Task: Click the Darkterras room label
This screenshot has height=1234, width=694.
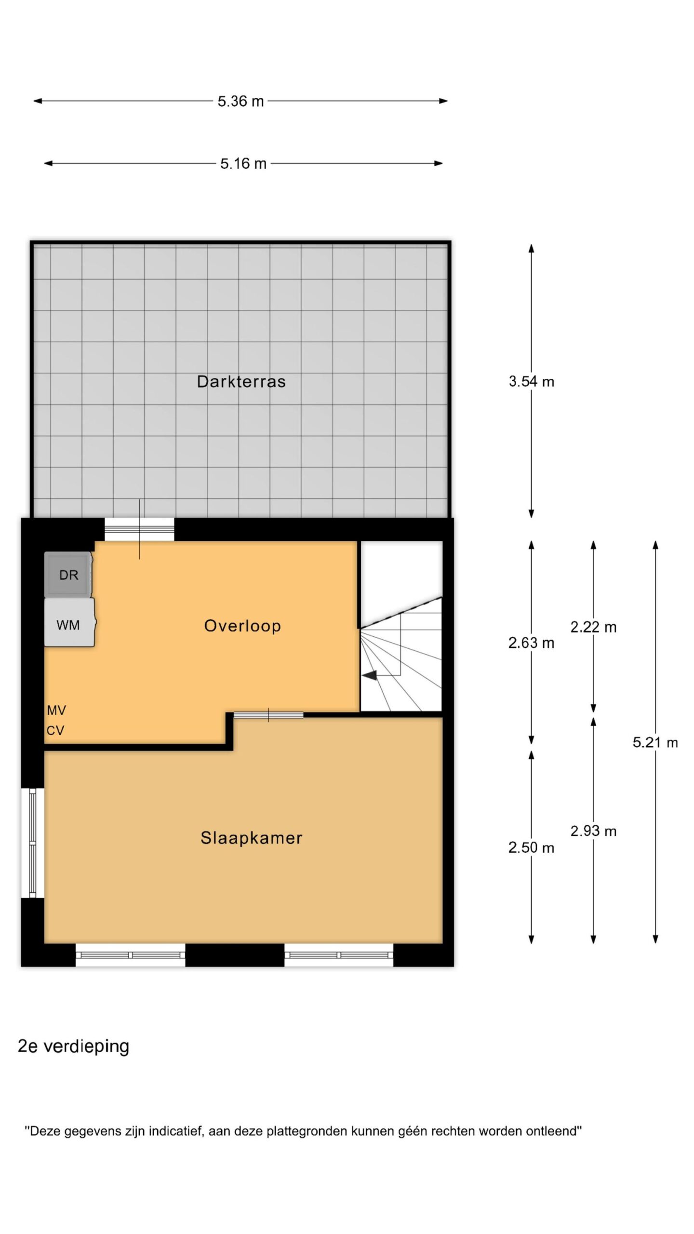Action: point(241,381)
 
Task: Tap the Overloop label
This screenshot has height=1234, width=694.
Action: point(242,626)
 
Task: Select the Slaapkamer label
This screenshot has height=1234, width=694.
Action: point(251,838)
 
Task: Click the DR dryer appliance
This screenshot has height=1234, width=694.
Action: point(68,575)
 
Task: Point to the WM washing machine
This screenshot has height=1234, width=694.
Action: point(69,623)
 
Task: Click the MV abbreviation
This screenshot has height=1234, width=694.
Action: point(56,710)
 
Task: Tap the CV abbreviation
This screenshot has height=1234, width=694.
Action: point(55,731)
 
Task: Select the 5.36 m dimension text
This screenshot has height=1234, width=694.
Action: point(240,101)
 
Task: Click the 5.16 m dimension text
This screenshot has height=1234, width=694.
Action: point(243,163)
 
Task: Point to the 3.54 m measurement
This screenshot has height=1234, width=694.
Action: point(531,382)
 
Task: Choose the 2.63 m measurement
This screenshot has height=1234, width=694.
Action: point(531,643)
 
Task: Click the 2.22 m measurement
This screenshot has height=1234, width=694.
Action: point(593,627)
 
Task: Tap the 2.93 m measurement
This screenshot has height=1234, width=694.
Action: point(593,831)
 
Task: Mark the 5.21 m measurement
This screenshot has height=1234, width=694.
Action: point(655,742)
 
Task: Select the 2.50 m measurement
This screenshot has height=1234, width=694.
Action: point(531,847)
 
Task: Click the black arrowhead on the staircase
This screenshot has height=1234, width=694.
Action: point(370,676)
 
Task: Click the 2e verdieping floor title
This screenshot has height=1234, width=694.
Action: point(73,1046)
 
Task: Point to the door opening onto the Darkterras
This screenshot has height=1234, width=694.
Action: point(139,529)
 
